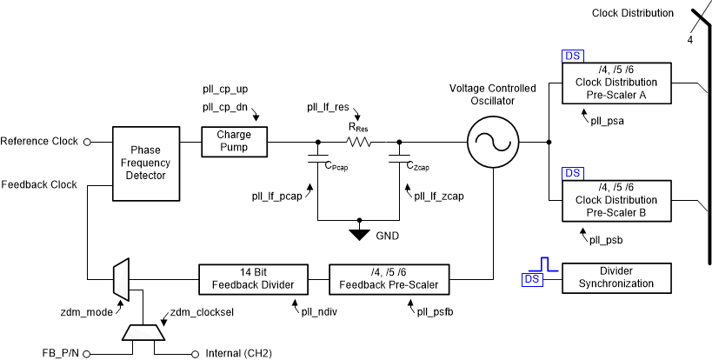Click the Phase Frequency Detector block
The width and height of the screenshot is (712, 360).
pyautogui.click(x=146, y=163)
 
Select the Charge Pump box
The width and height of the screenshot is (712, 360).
pyautogui.click(x=234, y=141)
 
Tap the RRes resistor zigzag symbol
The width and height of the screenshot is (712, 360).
pyautogui.click(x=358, y=141)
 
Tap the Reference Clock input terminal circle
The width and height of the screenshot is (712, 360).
pyautogui.click(x=86, y=141)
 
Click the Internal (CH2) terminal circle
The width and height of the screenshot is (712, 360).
pyautogui.click(x=194, y=353)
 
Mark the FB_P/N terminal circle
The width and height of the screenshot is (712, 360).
pyautogui.click(x=86, y=353)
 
